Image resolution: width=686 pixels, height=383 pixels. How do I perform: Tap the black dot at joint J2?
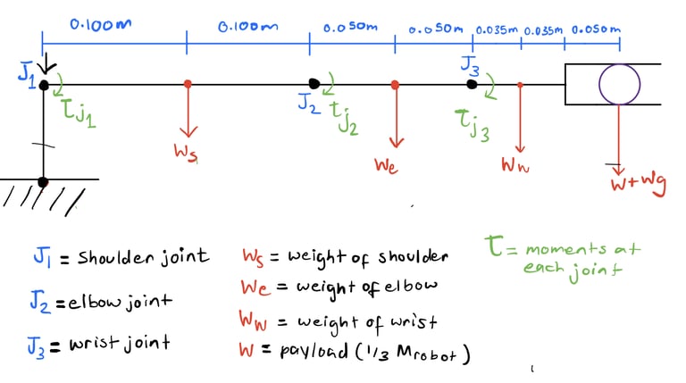point(314,85)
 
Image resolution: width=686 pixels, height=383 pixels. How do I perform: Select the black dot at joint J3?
point(472,85)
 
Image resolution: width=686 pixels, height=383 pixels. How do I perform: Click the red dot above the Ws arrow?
point(187,85)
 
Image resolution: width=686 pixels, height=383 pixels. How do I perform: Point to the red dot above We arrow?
point(395,85)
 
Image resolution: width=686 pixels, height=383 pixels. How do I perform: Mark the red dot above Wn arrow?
point(521,85)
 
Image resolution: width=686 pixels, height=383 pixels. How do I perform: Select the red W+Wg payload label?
point(638,186)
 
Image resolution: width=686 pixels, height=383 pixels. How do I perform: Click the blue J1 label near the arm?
point(25,75)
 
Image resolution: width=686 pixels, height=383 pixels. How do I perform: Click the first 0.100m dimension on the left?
point(99,25)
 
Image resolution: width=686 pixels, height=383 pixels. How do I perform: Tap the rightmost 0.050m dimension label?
point(596,29)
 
